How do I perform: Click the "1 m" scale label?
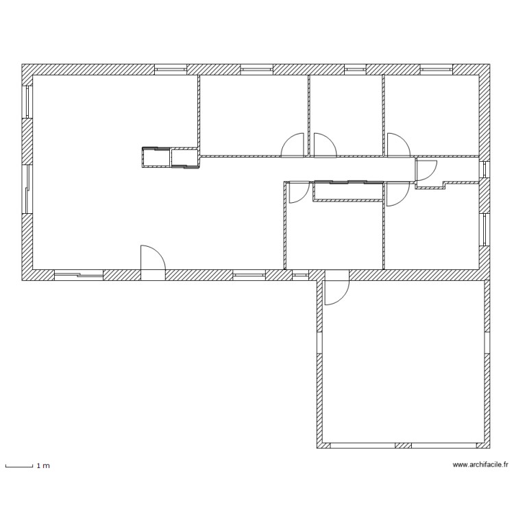(x=43, y=466)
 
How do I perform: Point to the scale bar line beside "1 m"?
(x=19, y=467)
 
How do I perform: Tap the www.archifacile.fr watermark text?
(x=480, y=465)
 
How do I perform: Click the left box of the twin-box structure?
(x=156, y=158)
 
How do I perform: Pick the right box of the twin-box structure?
(x=184, y=158)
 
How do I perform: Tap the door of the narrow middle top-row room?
(x=323, y=145)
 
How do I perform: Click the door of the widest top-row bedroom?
(x=293, y=145)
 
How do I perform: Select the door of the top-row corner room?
(x=397, y=145)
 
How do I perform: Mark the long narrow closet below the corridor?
(x=347, y=191)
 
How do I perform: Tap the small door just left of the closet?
(x=298, y=193)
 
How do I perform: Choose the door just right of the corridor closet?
(x=395, y=194)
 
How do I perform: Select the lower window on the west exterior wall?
(x=27, y=188)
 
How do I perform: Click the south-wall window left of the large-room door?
(x=78, y=275)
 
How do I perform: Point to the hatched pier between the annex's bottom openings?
(x=403, y=445)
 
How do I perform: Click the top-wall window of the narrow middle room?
(x=354, y=69)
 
